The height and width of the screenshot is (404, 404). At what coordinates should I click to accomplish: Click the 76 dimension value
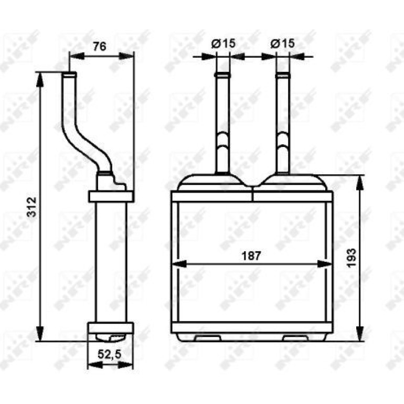click(x=100, y=47)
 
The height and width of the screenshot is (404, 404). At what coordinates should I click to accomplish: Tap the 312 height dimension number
click(x=32, y=207)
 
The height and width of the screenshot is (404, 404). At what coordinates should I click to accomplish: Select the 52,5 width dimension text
click(x=110, y=355)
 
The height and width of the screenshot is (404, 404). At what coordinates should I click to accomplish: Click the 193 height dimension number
click(x=352, y=258)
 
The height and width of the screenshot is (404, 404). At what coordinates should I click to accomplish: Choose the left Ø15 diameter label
click(x=223, y=43)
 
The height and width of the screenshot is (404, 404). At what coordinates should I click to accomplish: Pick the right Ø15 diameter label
click(x=282, y=43)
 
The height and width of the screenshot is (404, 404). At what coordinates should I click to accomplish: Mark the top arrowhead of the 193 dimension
click(x=360, y=183)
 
